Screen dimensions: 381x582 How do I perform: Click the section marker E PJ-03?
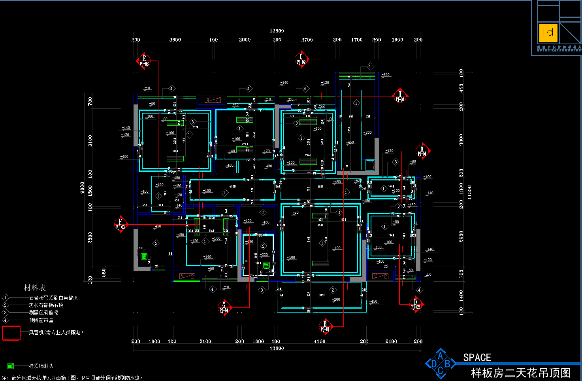[144, 61]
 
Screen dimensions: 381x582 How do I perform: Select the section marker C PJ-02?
[301, 59]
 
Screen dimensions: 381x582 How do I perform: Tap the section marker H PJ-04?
[400, 97]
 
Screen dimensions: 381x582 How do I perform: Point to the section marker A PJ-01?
[422, 151]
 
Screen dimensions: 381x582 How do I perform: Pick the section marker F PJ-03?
[121, 224]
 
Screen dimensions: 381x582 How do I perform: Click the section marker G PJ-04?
[224, 307]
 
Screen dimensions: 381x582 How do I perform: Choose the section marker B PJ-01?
[325, 326]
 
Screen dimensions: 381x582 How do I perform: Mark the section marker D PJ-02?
[416, 304]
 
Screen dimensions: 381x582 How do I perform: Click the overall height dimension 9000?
[82, 188]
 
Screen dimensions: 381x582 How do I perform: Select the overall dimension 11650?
[469, 192]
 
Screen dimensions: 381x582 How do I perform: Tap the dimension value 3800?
[175, 40]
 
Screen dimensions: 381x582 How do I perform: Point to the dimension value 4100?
[320, 341]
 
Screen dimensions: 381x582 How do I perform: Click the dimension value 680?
[104, 273]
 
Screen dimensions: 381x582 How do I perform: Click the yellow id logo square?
[548, 33]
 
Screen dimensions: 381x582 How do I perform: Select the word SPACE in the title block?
[477, 358]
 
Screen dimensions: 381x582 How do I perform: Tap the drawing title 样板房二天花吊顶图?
[521, 373]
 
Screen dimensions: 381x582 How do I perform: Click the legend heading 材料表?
[35, 288]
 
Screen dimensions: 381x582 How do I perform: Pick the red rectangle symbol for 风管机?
[11, 333]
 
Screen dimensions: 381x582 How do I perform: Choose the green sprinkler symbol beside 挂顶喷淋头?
[11, 366]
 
